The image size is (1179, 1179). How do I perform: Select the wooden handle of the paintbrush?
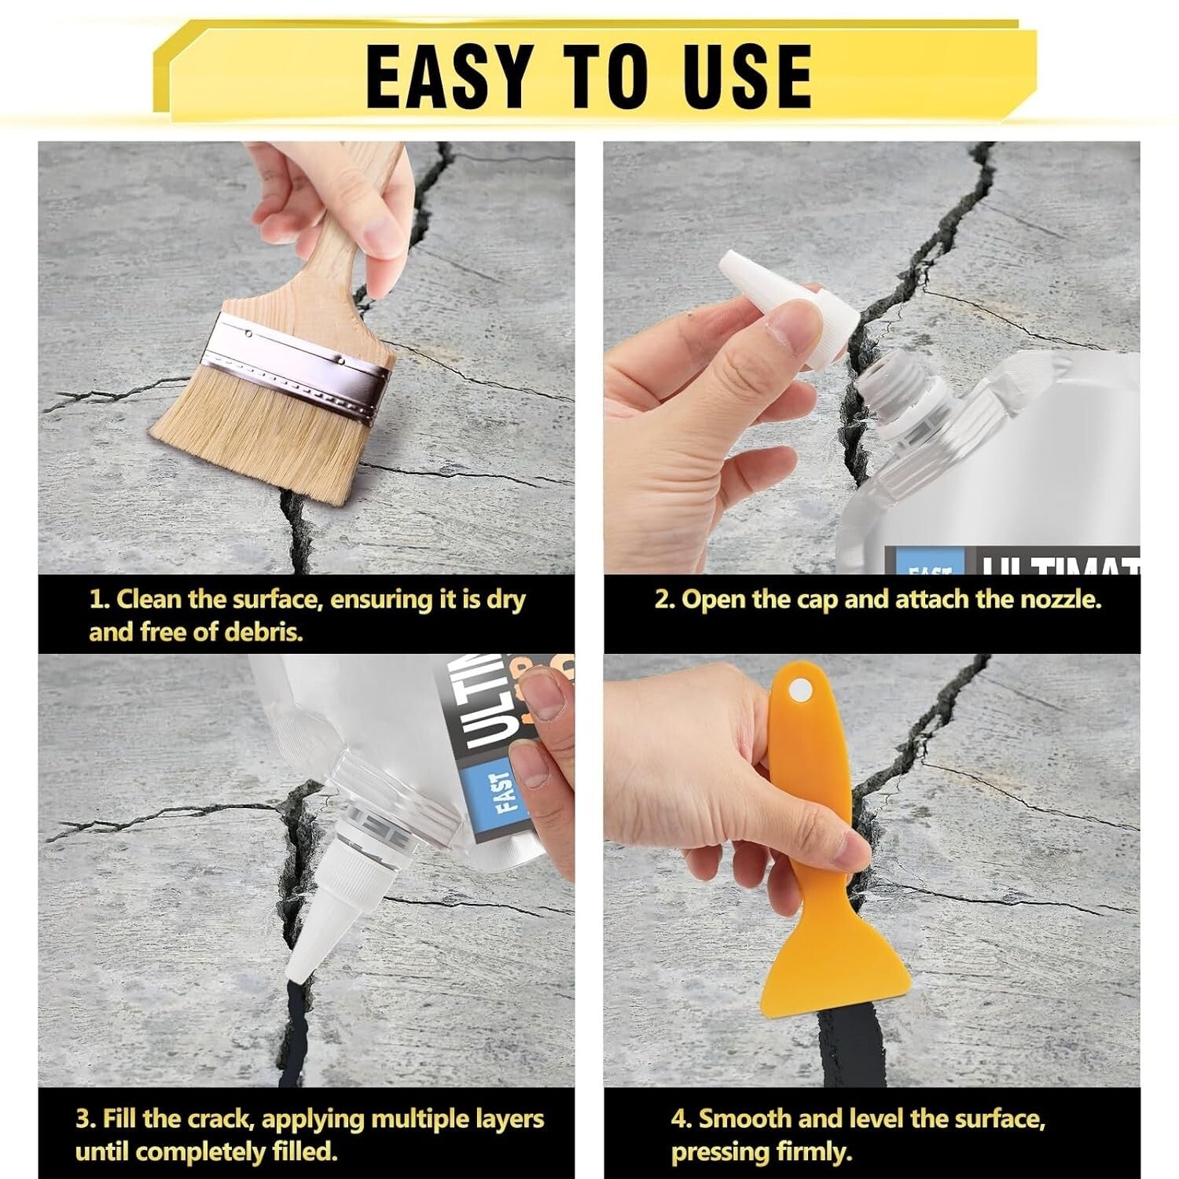click(346, 259)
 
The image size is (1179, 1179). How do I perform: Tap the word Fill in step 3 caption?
click(121, 1118)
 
